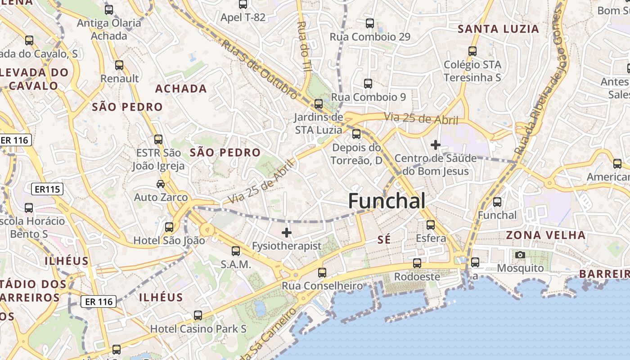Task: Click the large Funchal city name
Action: (x=387, y=201)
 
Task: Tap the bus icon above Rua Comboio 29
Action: (x=370, y=23)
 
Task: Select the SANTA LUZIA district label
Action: (x=498, y=29)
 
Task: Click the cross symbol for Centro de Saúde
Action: (x=435, y=145)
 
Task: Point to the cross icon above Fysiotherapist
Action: (x=286, y=233)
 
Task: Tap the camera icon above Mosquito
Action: (x=520, y=255)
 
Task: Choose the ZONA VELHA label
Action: (x=545, y=235)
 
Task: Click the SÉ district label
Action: (x=384, y=240)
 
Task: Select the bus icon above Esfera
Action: (x=431, y=225)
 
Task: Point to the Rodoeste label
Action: (x=417, y=277)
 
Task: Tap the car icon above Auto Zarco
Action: (x=161, y=184)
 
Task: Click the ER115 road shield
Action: (x=47, y=189)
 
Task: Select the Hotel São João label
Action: (x=169, y=240)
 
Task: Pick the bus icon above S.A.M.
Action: (x=236, y=251)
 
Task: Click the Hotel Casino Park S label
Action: (x=198, y=328)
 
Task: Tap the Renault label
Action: (x=120, y=78)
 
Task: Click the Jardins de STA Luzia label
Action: (x=319, y=124)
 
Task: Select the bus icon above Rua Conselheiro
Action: (x=322, y=272)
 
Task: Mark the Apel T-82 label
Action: (x=243, y=18)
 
